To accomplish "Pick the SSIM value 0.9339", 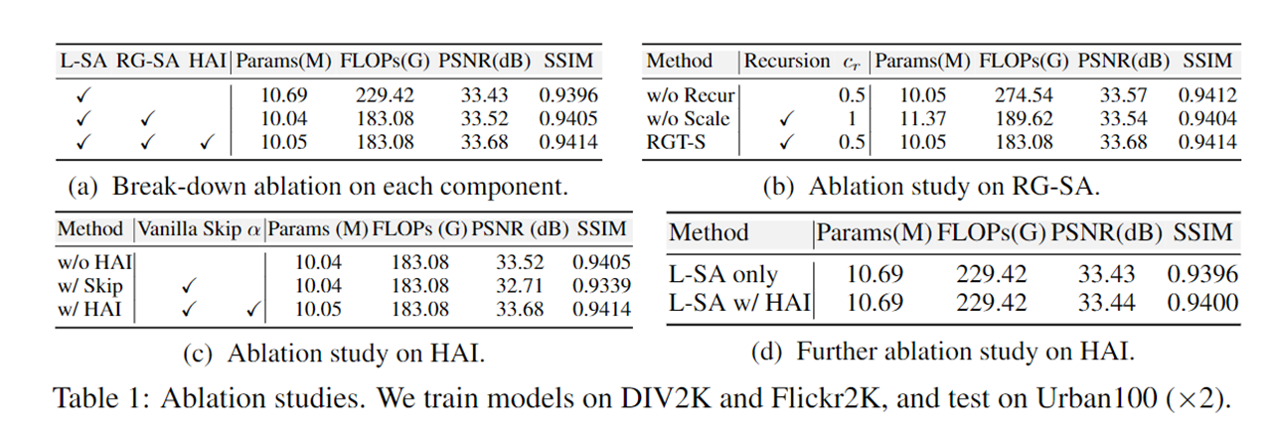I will pos(601,285).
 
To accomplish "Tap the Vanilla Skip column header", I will pos(188,229).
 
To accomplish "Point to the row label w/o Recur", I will pos(689,95).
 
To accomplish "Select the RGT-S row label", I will pos(675,142).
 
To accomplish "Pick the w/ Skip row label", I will pos(89,285).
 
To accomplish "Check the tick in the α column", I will pos(253,309).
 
